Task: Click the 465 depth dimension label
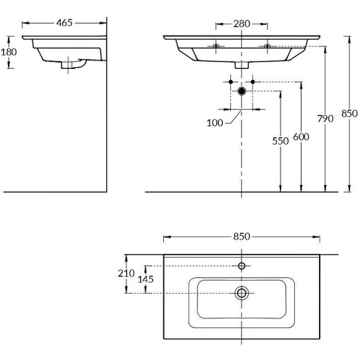pyautogui.click(x=65, y=23)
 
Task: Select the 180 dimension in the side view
pyautogui.click(x=9, y=52)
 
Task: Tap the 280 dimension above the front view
pyautogui.click(x=241, y=24)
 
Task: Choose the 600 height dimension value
pyautogui.click(x=301, y=137)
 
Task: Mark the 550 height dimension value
pyautogui.click(x=280, y=141)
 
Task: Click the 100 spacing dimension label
pyautogui.click(x=215, y=123)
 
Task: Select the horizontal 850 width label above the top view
pyautogui.click(x=241, y=236)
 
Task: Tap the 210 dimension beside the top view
pyautogui.click(x=126, y=273)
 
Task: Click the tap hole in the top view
pyautogui.click(x=241, y=266)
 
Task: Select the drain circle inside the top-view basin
pyautogui.click(x=241, y=292)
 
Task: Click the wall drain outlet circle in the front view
pyautogui.click(x=241, y=91)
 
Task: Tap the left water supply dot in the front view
pyautogui.click(x=230, y=81)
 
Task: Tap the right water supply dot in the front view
pyautogui.click(x=253, y=81)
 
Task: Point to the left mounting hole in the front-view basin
pyautogui.click(x=215, y=47)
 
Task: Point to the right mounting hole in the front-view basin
pyautogui.click(x=268, y=47)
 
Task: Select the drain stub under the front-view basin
pyautogui.click(x=241, y=65)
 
